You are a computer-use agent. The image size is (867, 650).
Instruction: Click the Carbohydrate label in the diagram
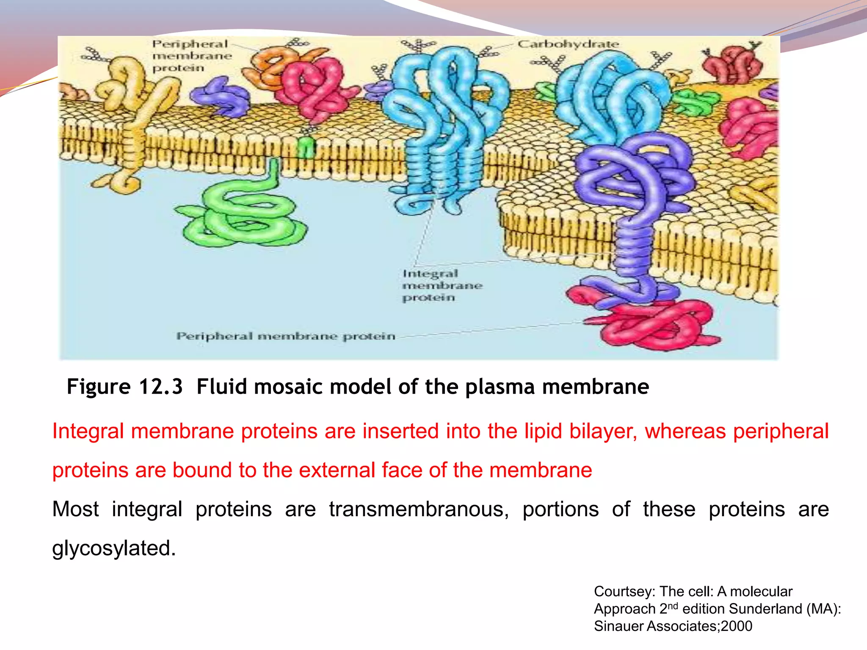(x=568, y=44)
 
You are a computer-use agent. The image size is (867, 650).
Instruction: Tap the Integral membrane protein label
(x=442, y=285)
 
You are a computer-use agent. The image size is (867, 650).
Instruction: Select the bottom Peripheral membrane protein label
(x=286, y=336)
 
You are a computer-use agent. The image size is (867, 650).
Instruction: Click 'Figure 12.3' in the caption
(x=124, y=387)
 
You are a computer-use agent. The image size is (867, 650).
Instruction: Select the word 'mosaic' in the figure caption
(x=289, y=387)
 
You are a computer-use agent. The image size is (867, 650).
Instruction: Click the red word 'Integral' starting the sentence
(x=88, y=431)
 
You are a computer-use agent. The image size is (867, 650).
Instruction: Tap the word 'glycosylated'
(x=113, y=548)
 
